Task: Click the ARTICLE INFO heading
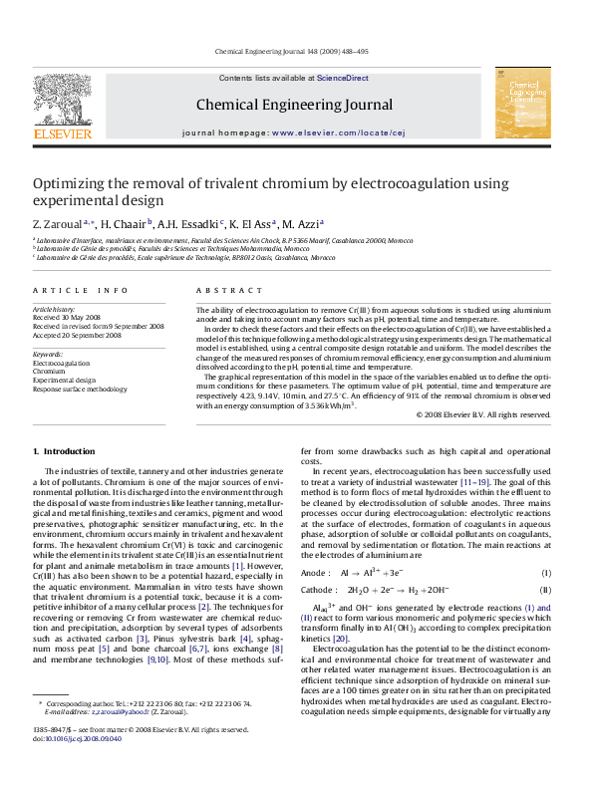81,290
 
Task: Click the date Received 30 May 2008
69,318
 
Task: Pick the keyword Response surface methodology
80,390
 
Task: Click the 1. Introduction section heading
65,452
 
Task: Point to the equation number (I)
545,574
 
